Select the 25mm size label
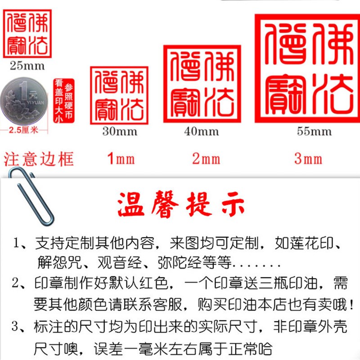coord(27,66)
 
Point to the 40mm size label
coord(201,131)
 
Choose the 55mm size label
coord(314,131)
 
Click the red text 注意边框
coord(39,159)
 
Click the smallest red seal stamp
coord(28,34)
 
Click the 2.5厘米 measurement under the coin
coord(26,131)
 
